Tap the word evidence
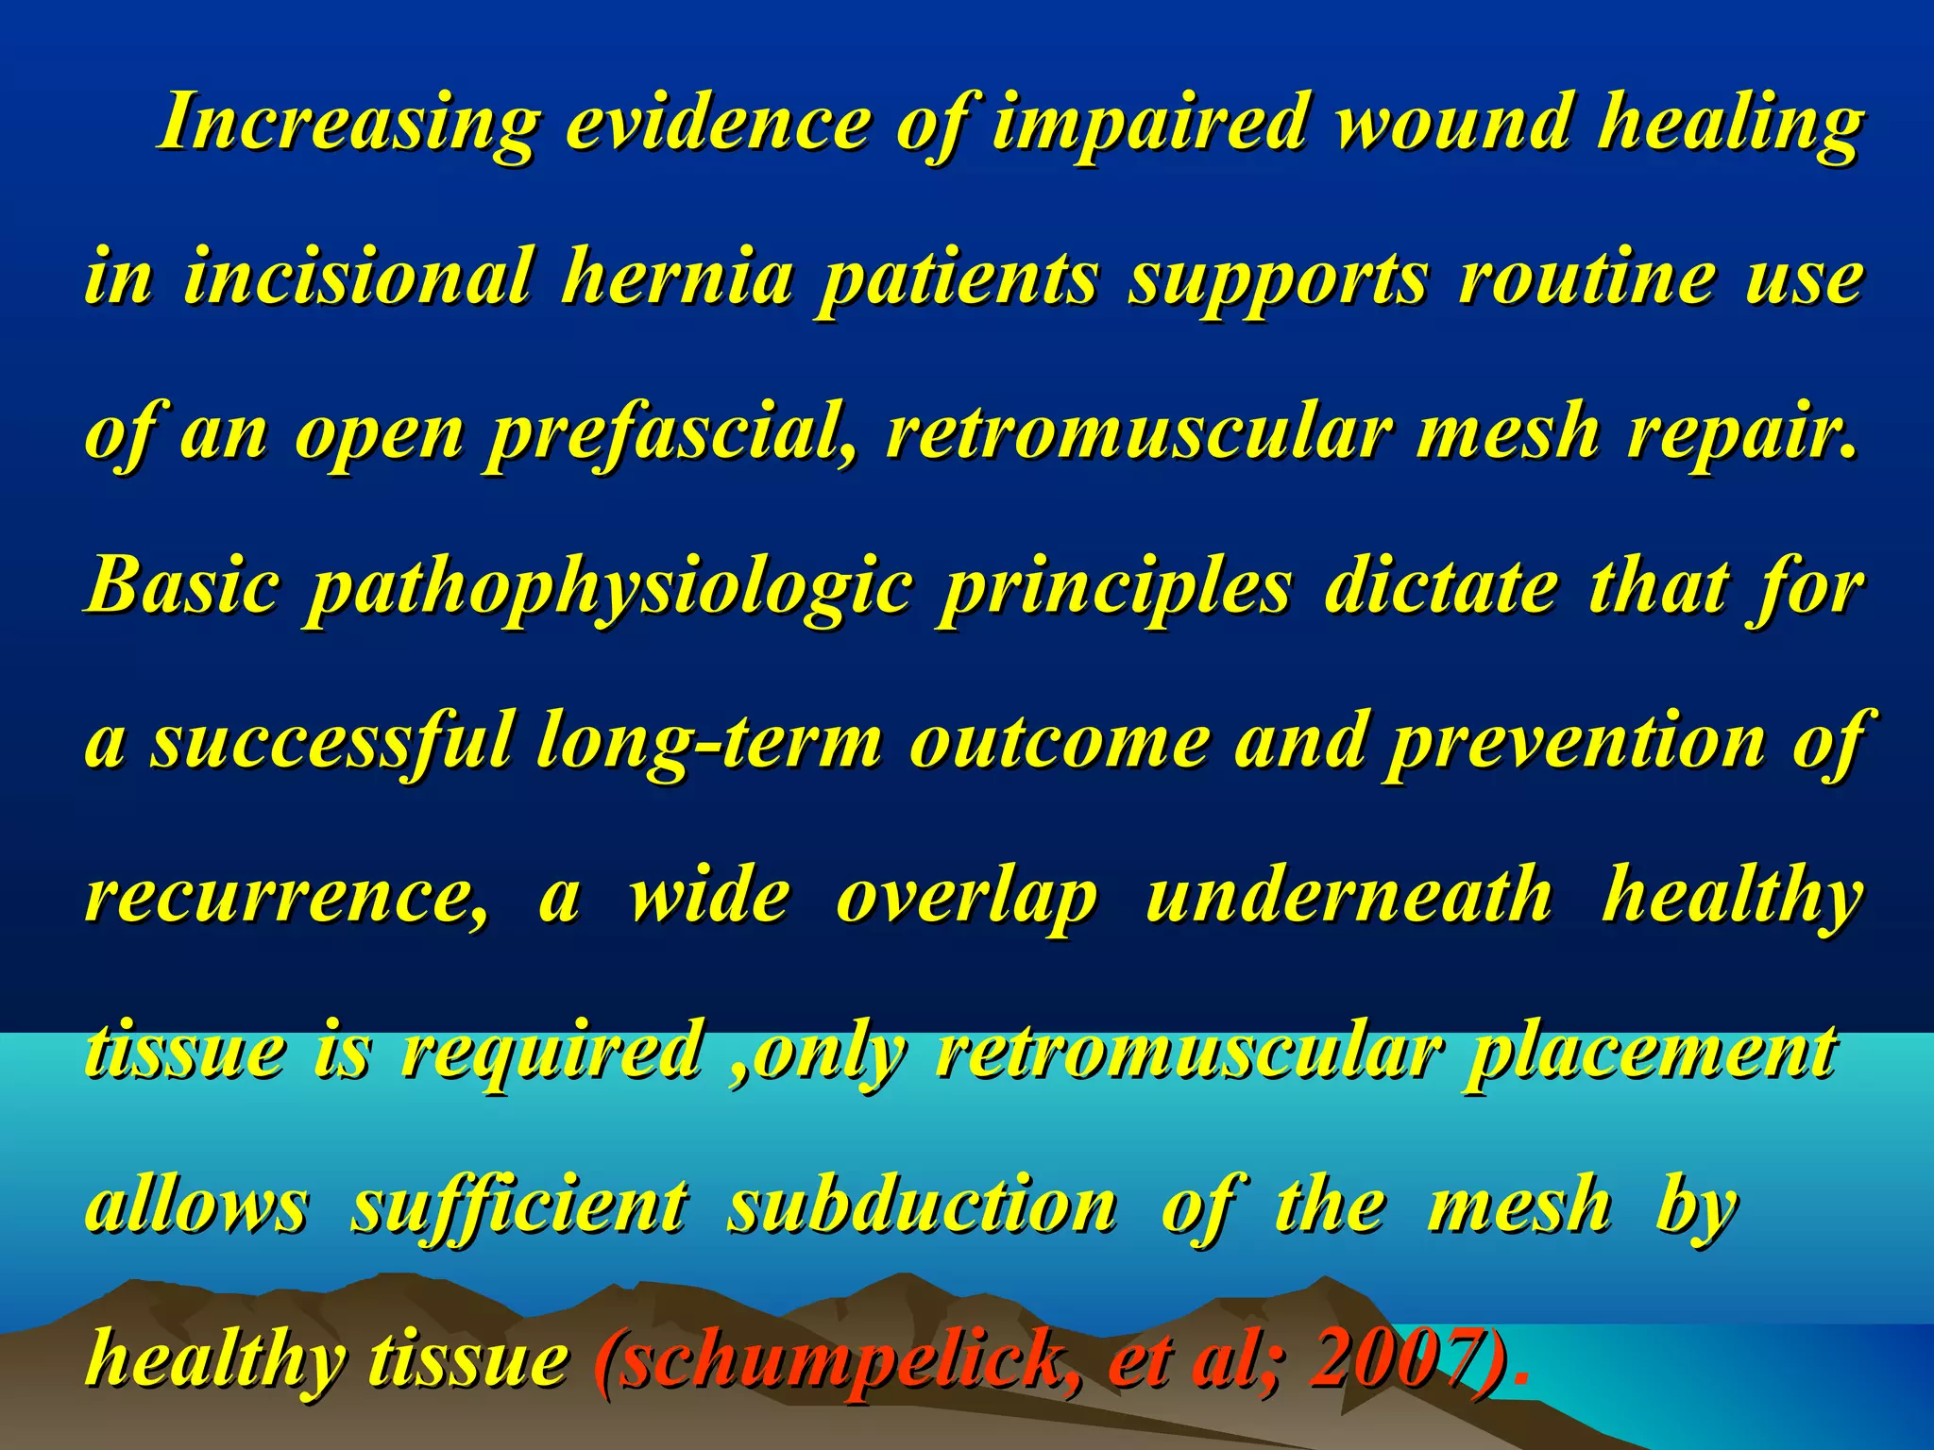[x=718, y=123]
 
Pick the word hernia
[x=676, y=278]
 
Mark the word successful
[x=331, y=742]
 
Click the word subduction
[x=922, y=1206]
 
